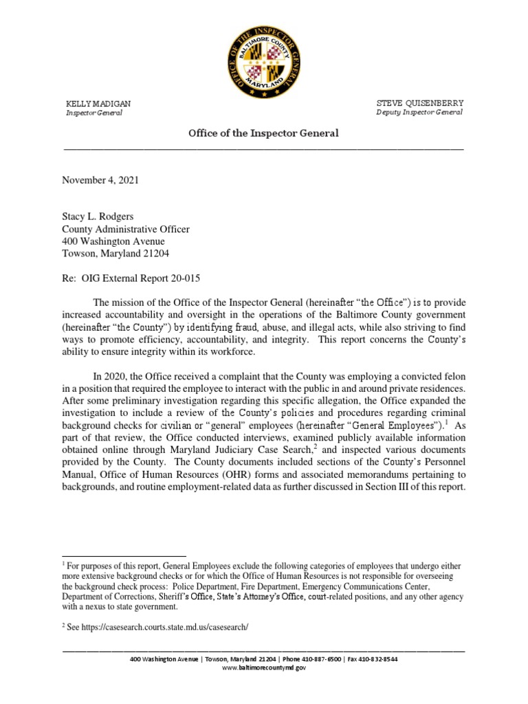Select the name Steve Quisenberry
[419, 103]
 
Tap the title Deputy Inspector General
[419, 112]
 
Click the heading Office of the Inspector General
[264, 133]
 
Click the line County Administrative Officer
[126, 229]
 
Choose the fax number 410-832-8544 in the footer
[377, 659]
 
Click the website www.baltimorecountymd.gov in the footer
[264, 668]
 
